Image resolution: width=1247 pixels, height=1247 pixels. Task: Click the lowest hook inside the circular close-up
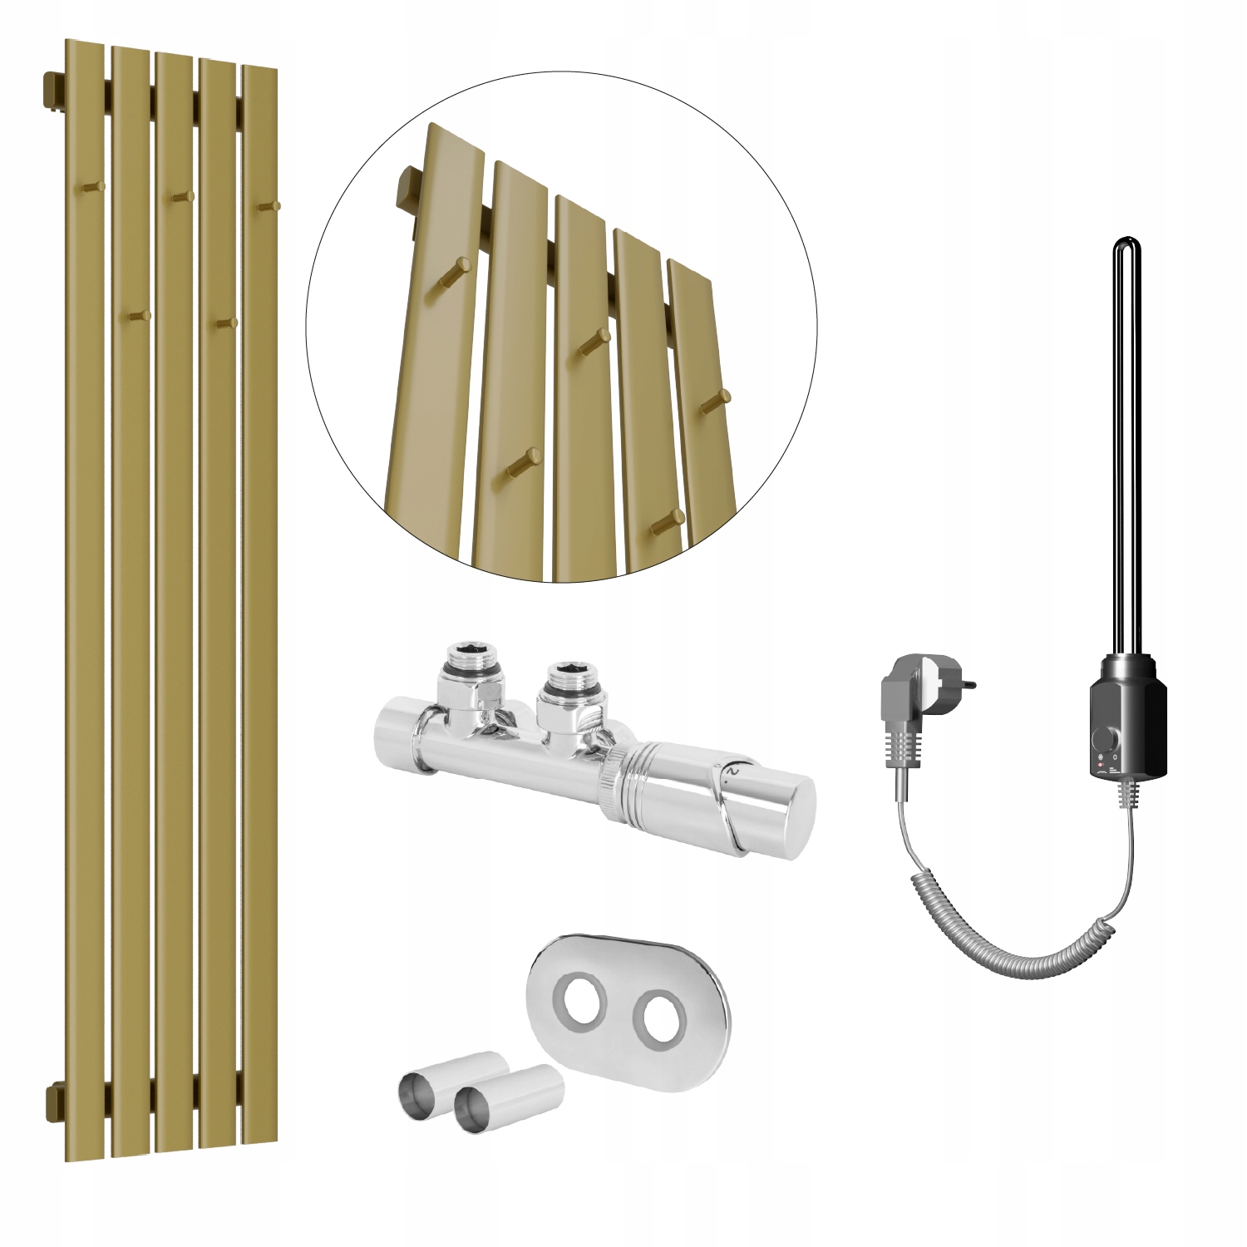[665, 520]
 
